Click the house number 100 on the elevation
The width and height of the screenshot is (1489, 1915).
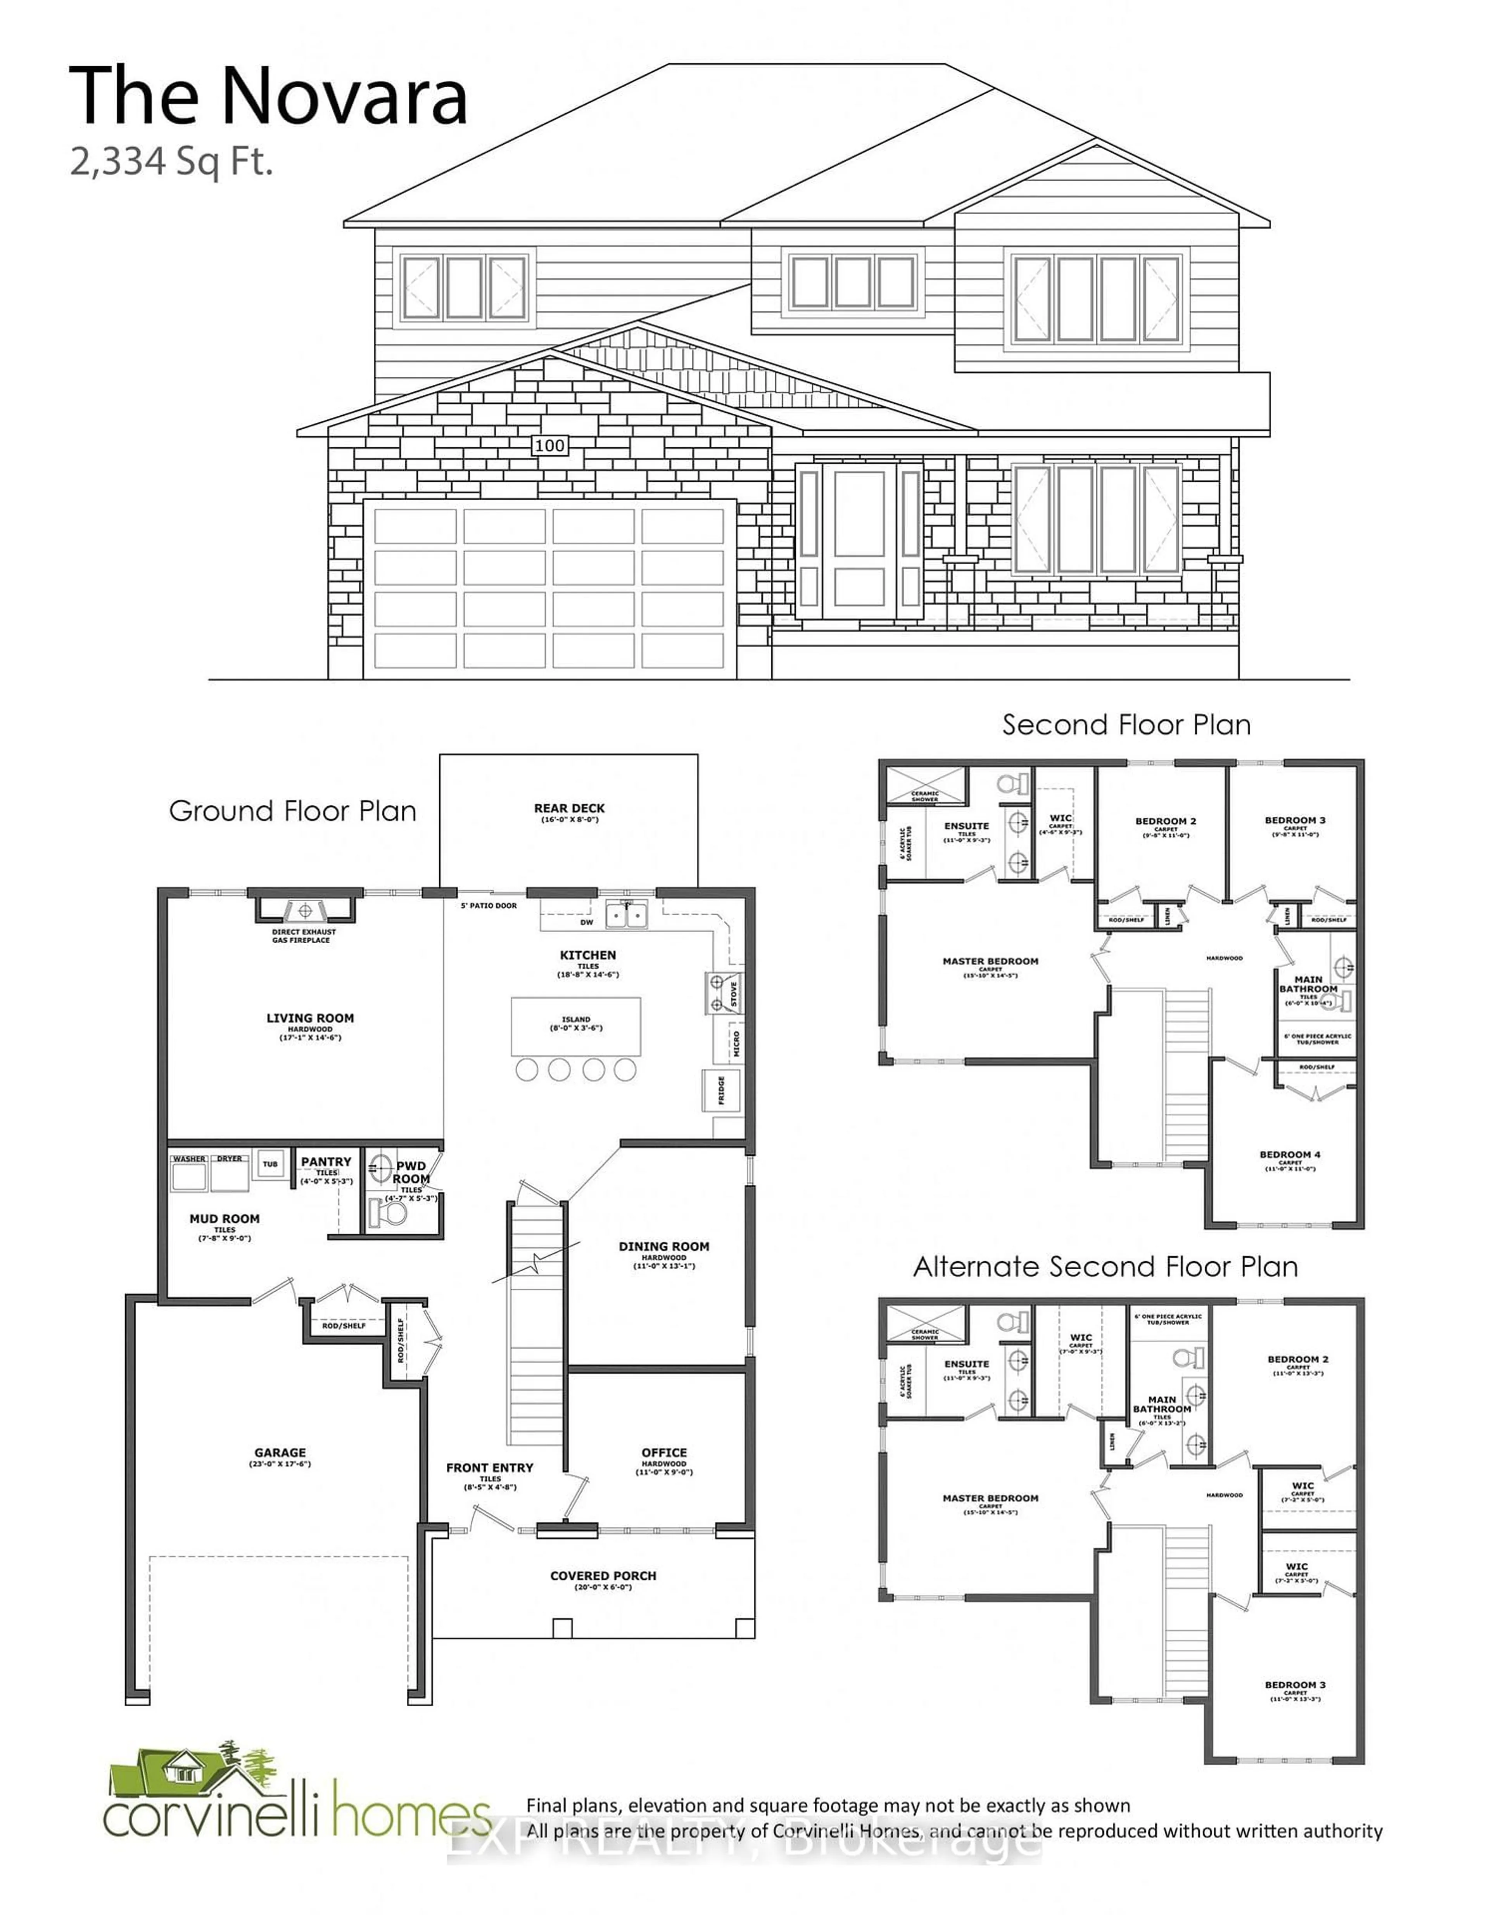tap(550, 446)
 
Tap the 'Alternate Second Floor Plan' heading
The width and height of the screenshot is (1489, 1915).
tap(1105, 1267)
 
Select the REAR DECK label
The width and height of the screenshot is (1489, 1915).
tap(569, 809)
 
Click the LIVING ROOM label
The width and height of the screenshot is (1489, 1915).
tap(311, 1018)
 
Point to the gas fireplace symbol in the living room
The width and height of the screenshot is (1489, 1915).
tap(305, 909)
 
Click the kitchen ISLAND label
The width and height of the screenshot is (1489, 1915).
tap(576, 1020)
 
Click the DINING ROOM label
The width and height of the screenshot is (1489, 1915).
tap(664, 1246)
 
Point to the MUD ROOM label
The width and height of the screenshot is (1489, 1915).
tap(225, 1219)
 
